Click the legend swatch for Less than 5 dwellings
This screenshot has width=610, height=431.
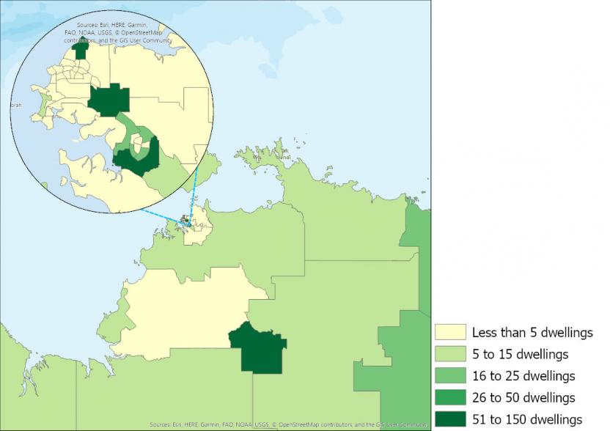pyautogui.click(x=450, y=332)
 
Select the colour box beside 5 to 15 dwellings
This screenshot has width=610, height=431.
pyautogui.click(x=450, y=354)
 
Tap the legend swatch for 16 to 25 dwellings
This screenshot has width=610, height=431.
pyautogui.click(x=450, y=376)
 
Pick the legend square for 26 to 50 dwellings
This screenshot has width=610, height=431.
pyautogui.click(x=450, y=397)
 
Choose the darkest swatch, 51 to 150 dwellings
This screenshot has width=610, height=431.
pyautogui.click(x=450, y=419)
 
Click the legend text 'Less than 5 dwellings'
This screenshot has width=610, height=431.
pyautogui.click(x=532, y=333)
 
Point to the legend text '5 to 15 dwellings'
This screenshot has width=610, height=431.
pyautogui.click(x=520, y=354)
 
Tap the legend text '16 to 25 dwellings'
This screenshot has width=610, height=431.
pyautogui.click(x=523, y=376)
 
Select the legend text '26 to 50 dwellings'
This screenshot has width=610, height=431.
pyautogui.click(x=523, y=398)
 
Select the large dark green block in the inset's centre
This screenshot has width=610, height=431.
pyautogui.click(x=109, y=100)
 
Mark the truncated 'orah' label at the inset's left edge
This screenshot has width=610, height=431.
pyautogui.click(x=15, y=105)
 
